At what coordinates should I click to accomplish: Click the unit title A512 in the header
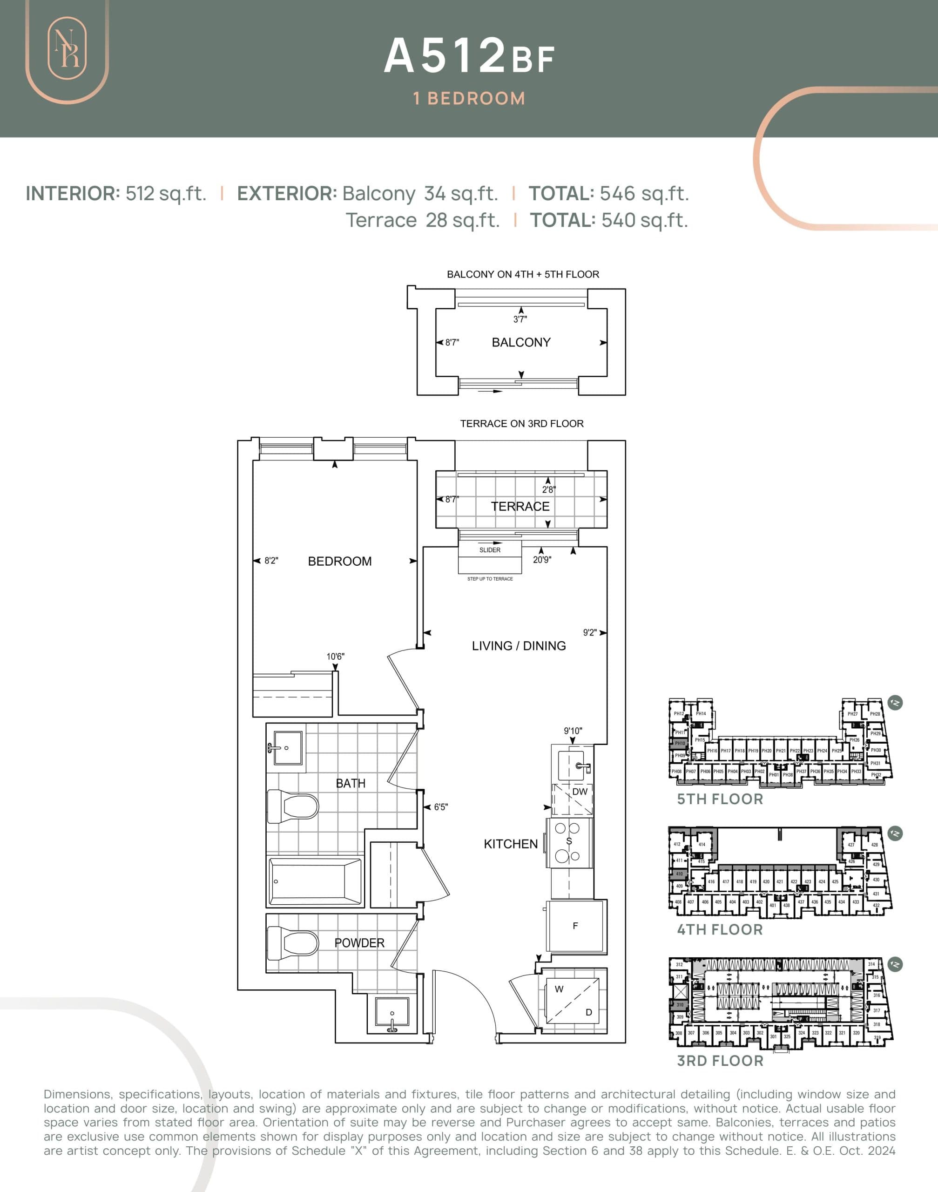pos(445,55)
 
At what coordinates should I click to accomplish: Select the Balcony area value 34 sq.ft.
pos(460,193)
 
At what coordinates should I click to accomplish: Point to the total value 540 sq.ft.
pos(644,220)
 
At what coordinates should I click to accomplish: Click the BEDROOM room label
pos(339,562)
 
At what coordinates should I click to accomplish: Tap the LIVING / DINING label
pos(519,646)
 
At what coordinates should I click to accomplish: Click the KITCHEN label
pos(510,844)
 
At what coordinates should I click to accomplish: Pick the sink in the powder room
pos(392,1015)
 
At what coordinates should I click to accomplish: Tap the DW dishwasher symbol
pos(580,792)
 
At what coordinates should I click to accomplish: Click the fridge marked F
pos(575,926)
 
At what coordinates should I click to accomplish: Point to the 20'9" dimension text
pos(542,560)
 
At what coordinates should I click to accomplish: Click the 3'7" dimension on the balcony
pos(520,319)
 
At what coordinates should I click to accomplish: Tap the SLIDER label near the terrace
pos(490,550)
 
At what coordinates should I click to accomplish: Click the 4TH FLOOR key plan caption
pos(719,930)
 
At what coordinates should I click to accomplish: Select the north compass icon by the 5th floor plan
pos(895,703)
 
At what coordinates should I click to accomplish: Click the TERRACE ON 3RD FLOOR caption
pos(522,424)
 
